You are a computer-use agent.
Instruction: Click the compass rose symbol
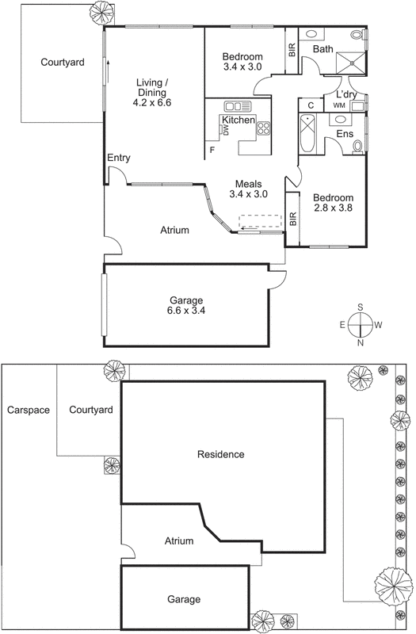[x=361, y=325]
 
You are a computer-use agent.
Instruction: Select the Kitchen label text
[x=238, y=120]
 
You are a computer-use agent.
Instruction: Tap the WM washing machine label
[x=339, y=105]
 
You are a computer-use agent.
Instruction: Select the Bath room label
[x=322, y=49]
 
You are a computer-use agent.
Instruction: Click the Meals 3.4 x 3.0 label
[x=249, y=189]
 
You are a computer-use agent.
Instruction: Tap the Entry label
[x=118, y=158]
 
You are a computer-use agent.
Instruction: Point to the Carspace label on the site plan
[x=29, y=411]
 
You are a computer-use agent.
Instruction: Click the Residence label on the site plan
[x=220, y=454]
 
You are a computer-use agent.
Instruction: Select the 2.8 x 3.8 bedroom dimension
[x=332, y=208]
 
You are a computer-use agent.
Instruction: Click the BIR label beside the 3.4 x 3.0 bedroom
[x=292, y=50]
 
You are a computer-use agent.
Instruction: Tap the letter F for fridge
[x=212, y=150]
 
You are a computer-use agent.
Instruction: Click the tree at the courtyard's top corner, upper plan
[x=101, y=11]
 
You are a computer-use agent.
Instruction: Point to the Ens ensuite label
[x=345, y=134]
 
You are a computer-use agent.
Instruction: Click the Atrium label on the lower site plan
[x=179, y=541]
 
